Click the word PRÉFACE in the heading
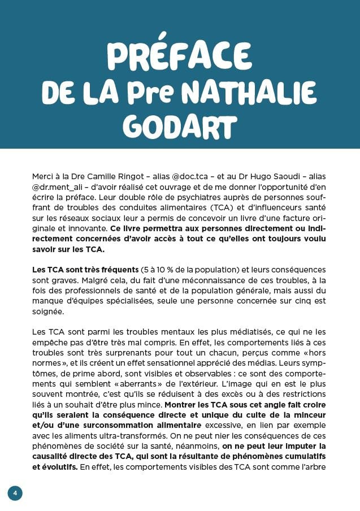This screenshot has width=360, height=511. tap(179, 55)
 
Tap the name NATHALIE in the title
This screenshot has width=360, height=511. tap(251, 92)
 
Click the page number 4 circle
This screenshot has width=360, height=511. tap(15, 493)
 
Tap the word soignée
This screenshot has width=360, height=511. tap(49, 311)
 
